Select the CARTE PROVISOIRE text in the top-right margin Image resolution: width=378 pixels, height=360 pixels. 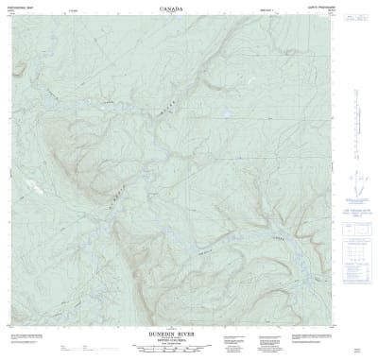353,9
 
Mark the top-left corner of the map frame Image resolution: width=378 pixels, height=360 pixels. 9,16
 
